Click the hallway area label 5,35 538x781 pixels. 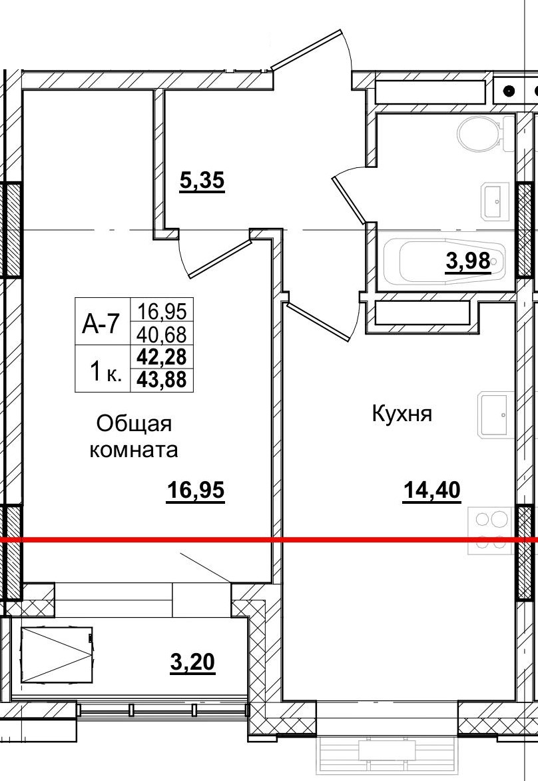tap(202, 181)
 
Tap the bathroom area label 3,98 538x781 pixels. tap(468, 261)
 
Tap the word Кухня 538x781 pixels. tap(402, 414)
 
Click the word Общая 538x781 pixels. tap(134, 424)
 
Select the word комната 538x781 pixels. tap(134, 450)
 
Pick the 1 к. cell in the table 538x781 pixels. tap(105, 371)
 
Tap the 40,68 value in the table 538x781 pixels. tap(162, 333)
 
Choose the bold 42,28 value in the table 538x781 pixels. tap(162, 357)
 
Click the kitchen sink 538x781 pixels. tap(494, 415)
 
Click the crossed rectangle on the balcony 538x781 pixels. tap(56, 654)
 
